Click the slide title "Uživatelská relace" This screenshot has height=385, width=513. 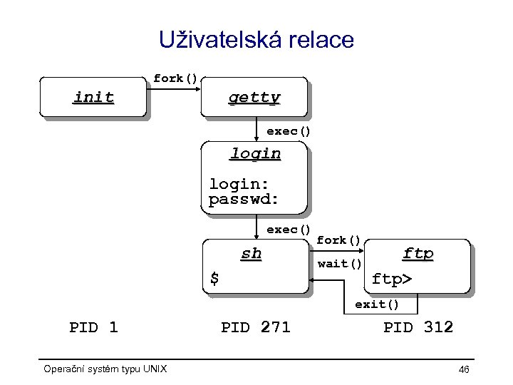click(256, 40)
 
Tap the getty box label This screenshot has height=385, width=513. click(254, 98)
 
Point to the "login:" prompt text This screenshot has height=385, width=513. click(239, 184)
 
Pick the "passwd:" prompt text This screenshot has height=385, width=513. click(243, 199)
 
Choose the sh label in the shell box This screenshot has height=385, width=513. click(251, 254)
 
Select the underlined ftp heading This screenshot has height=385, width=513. click(418, 253)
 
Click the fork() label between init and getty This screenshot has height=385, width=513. click(175, 78)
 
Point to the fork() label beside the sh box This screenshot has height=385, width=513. click(339, 240)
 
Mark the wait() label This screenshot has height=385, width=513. click(339, 264)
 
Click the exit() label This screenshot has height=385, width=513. click(377, 304)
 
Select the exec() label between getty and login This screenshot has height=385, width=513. click(289, 131)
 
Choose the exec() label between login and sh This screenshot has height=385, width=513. click(289, 230)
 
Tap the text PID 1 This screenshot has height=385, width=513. click(93, 328)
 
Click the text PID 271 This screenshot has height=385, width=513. click(256, 328)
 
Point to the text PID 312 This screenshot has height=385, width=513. click(418, 328)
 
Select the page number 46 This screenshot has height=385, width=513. click(464, 369)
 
